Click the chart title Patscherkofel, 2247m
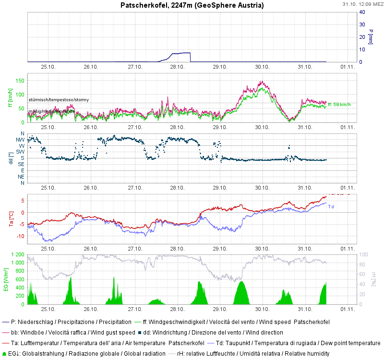(192, 5)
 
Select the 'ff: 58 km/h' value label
(339, 104)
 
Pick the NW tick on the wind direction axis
(21, 140)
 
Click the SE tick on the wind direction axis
(21, 164)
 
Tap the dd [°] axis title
(10, 158)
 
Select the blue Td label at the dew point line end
(331, 207)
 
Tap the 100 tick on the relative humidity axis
(364, 254)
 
